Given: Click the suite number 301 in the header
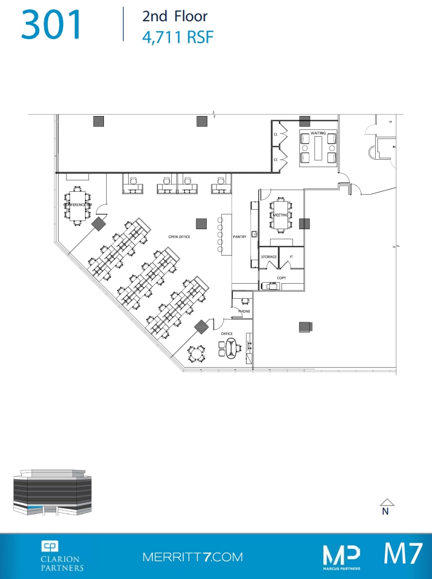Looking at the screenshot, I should tap(52, 25).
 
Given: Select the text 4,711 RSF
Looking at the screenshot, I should tap(178, 37).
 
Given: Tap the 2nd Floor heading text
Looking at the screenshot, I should tap(175, 17).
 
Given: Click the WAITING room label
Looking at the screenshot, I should tap(318, 133).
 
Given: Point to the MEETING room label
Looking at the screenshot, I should tap(280, 215).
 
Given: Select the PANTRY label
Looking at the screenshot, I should tap(240, 236).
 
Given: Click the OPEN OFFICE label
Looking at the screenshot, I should tap(179, 237).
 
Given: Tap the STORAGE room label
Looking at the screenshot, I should tap(269, 257).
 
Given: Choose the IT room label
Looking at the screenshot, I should tap(291, 257).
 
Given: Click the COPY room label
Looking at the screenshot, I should tap(281, 278).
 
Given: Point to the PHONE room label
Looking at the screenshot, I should tap(244, 311).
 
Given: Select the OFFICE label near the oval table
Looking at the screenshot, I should tap(226, 334).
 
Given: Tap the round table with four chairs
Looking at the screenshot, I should tap(198, 354).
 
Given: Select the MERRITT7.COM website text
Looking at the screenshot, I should tap(192, 557).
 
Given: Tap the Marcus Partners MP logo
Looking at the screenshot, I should tap(341, 556).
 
